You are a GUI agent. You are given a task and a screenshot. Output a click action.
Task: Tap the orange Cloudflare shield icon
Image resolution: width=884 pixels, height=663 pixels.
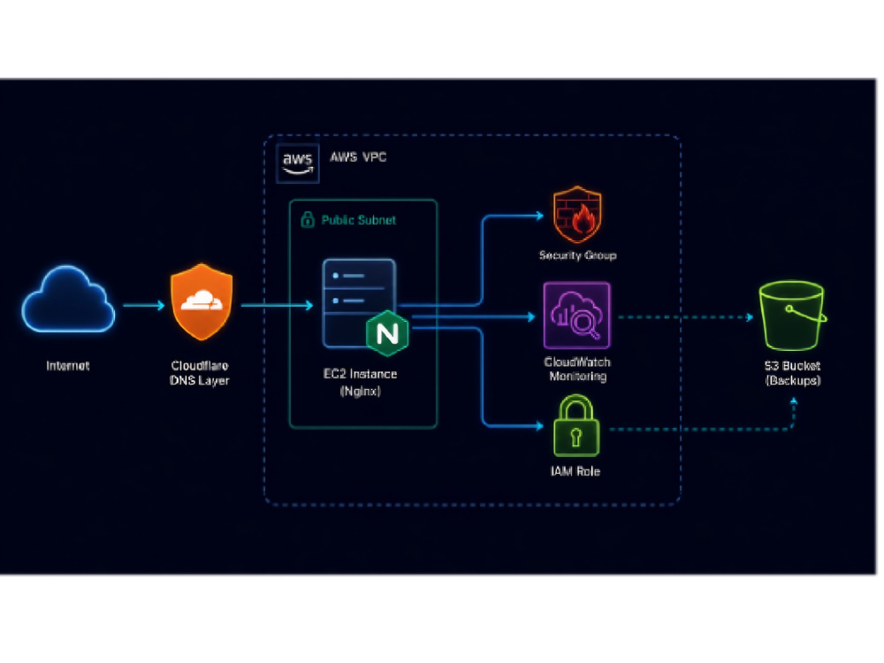[x=202, y=301]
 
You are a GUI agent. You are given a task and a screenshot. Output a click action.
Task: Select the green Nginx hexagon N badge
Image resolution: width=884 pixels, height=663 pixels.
[x=387, y=333]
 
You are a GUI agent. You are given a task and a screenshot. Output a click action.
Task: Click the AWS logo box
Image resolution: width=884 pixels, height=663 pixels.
[x=298, y=164]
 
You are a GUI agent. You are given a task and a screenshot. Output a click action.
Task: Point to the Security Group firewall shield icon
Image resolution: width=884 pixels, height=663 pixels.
[x=577, y=215]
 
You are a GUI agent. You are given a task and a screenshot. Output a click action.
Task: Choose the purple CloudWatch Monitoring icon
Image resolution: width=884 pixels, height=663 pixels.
[x=576, y=316]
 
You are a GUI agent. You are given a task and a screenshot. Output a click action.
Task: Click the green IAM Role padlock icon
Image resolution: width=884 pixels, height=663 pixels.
[x=576, y=426]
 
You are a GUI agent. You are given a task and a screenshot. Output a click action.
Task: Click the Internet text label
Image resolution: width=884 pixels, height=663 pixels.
[x=68, y=366]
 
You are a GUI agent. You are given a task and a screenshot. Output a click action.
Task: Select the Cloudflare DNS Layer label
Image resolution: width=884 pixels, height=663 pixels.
[x=200, y=373]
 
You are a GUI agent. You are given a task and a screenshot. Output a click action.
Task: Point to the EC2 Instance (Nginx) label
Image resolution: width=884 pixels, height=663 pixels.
[x=361, y=382]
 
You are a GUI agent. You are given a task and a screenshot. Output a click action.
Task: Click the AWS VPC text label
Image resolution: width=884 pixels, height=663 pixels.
[x=358, y=156]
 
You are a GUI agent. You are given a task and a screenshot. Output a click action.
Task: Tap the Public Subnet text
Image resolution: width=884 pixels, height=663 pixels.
[x=359, y=220]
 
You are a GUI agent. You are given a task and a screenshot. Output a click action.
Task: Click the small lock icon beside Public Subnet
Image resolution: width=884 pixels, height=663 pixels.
[x=308, y=218]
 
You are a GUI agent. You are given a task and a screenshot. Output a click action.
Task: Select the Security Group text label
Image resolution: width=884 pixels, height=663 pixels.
[x=578, y=255]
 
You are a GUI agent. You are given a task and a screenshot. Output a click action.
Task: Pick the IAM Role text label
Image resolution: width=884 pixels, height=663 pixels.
[x=575, y=471]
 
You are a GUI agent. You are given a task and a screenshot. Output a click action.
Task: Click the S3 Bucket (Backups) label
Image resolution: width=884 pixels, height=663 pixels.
[x=793, y=373]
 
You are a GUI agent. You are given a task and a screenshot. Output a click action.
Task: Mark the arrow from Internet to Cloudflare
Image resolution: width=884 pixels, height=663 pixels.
[x=144, y=305]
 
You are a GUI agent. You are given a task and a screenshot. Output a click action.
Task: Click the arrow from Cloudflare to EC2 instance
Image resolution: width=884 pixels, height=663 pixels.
[x=277, y=305]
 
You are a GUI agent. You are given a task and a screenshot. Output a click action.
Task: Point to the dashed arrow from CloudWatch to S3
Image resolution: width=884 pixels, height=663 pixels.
[x=686, y=316]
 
